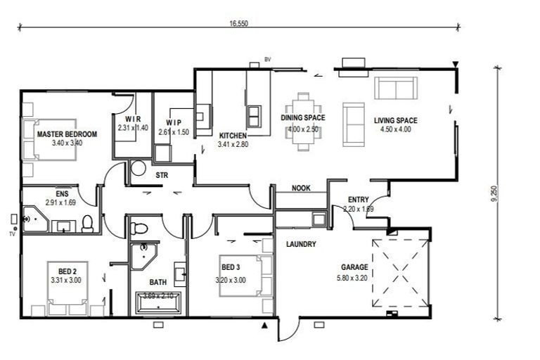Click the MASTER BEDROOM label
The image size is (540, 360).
(x=67, y=134)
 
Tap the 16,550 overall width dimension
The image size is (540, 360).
(x=238, y=23)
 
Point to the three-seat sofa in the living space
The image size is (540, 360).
(x=396, y=89)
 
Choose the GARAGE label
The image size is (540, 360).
(x=354, y=267)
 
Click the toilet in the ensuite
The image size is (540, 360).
(x=88, y=224)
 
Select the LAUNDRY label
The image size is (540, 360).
(x=301, y=245)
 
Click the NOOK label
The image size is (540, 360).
(x=302, y=188)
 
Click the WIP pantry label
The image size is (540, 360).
(x=174, y=122)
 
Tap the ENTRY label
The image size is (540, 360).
(x=359, y=200)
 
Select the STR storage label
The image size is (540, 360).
(x=161, y=174)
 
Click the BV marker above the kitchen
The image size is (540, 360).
(x=267, y=59)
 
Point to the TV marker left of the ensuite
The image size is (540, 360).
(x=12, y=233)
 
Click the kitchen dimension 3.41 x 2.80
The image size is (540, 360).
(x=233, y=145)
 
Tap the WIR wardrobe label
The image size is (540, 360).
(x=134, y=119)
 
